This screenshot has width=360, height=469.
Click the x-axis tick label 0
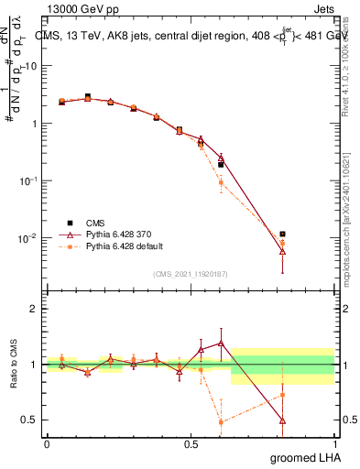tap(47, 444)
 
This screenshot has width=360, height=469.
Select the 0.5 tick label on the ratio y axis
tap(27, 420)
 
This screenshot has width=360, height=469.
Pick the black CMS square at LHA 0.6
tap(221, 165)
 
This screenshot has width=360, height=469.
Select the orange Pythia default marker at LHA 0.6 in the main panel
tap(221, 183)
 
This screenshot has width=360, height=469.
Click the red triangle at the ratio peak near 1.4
tap(221, 343)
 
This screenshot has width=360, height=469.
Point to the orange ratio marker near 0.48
tap(221, 422)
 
